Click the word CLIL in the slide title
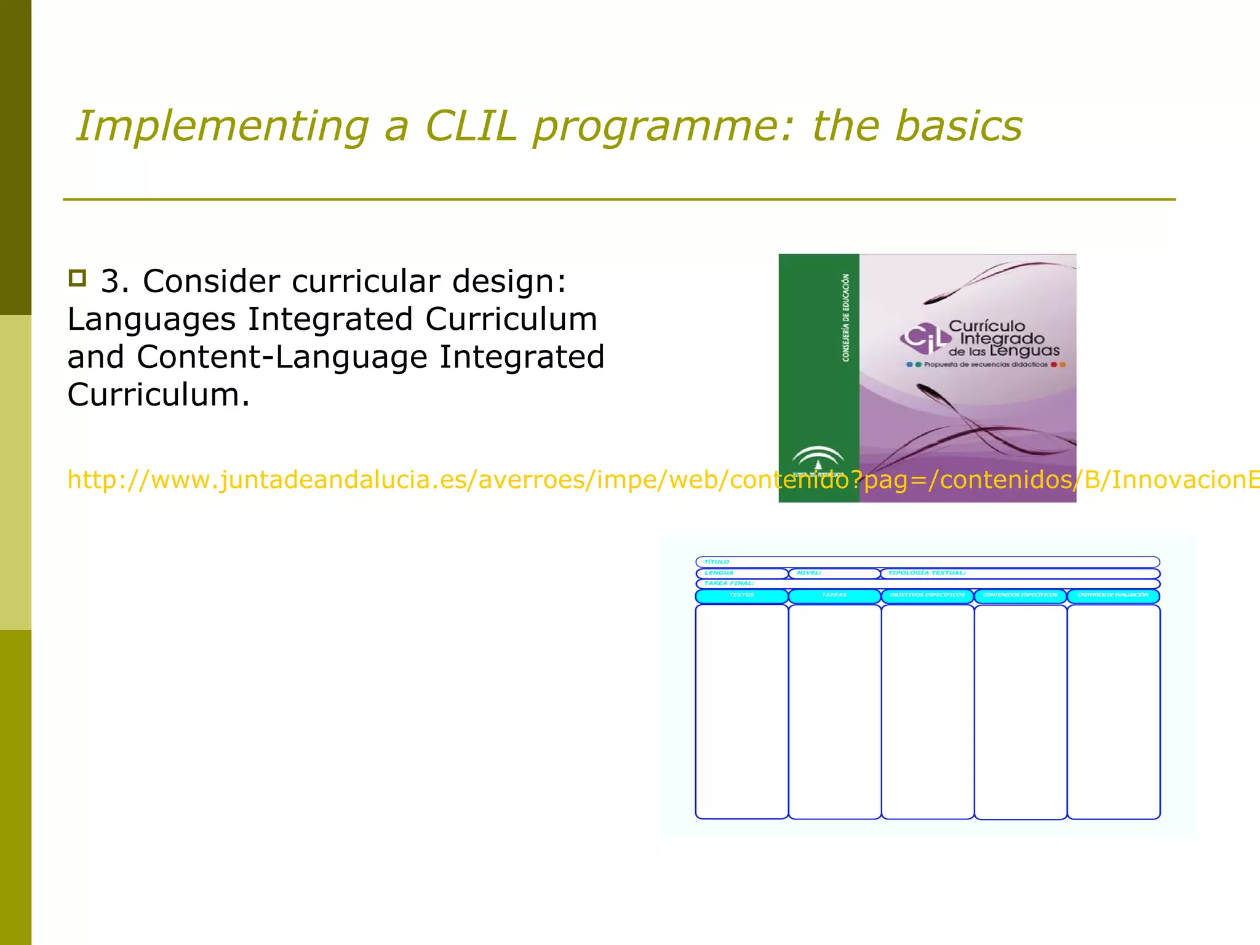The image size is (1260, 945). click(x=471, y=126)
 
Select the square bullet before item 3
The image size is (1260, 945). click(x=77, y=278)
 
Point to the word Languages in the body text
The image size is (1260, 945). click(x=151, y=320)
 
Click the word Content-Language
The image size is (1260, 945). click(x=282, y=357)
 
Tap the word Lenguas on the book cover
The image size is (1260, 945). click(x=1025, y=351)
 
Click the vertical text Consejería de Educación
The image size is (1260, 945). click(x=846, y=317)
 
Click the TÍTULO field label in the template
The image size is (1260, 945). click(x=717, y=562)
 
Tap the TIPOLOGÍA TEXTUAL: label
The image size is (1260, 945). click(x=927, y=573)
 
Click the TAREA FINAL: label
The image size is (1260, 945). click(x=729, y=583)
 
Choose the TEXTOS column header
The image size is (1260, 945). click(x=741, y=596)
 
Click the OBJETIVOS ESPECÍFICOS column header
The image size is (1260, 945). click(x=927, y=596)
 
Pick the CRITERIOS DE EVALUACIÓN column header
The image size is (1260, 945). click(x=1113, y=596)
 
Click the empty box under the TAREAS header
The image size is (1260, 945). click(x=834, y=711)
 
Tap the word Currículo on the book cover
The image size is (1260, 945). click(x=987, y=326)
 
